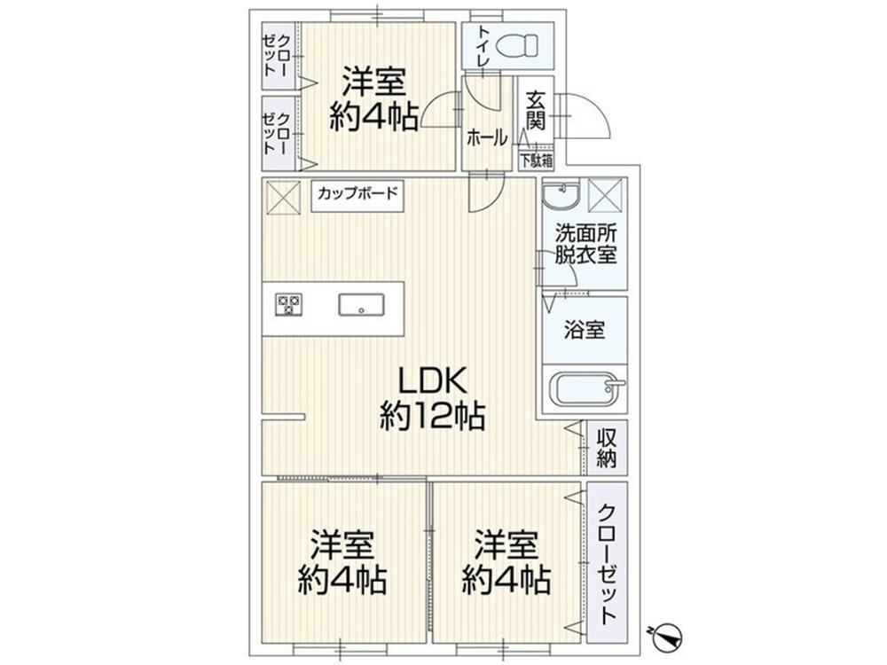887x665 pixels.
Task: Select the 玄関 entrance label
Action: pos(535,112)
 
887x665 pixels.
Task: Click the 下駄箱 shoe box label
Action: pos(537,160)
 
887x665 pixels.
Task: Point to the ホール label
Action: pos(486,138)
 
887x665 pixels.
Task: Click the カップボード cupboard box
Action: pos(357,196)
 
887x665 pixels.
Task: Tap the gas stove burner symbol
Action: pos(289,304)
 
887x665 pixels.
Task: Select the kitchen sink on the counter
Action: pos(361,304)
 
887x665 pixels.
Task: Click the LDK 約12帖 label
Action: pos(432,399)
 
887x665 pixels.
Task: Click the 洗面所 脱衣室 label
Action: pos(585,244)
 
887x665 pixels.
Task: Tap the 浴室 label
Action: pos(585,330)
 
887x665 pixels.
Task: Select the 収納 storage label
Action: pos(607,448)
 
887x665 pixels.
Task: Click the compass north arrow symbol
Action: pos(667,636)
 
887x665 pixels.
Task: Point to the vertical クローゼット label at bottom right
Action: pos(607,563)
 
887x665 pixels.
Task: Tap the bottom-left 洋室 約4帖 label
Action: pos(342,561)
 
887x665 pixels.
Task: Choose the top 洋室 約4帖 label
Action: pos(374,99)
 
